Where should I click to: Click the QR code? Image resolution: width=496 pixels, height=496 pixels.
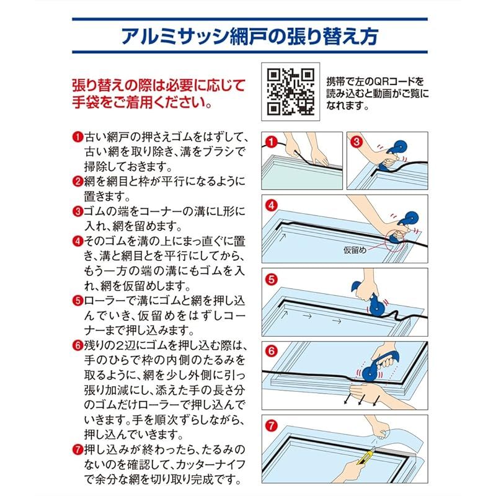tap(290, 92)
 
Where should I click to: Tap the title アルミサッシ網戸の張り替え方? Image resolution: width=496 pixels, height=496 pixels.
tap(250, 37)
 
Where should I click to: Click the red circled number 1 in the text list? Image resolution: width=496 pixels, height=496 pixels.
tap(78, 137)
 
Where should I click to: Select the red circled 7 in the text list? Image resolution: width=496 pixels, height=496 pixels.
tap(78, 450)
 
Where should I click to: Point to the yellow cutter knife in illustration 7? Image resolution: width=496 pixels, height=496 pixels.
tap(366, 456)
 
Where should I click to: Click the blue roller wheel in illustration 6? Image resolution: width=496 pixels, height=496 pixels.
tap(370, 373)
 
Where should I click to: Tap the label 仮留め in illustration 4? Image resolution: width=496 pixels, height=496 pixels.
tap(355, 250)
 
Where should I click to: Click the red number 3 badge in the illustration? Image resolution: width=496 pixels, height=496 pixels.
tap(356, 141)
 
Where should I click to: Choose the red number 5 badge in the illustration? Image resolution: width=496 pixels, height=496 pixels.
tap(272, 280)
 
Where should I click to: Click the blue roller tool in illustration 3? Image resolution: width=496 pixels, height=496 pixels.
tap(391, 156)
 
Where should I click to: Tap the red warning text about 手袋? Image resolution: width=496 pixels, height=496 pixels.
tap(159, 94)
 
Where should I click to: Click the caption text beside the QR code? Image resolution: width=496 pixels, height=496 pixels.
tap(377, 94)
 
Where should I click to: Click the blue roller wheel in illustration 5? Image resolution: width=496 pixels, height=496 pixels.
tap(377, 306)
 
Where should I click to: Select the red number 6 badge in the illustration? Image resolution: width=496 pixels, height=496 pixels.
tap(272, 351)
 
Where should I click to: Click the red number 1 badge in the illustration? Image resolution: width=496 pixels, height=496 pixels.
tap(271, 142)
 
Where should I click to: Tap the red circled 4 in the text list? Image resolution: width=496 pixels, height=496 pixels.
tap(78, 241)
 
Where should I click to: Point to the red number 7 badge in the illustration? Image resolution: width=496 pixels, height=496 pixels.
tap(272, 425)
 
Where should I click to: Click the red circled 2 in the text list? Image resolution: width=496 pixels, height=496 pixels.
tap(78, 182)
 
